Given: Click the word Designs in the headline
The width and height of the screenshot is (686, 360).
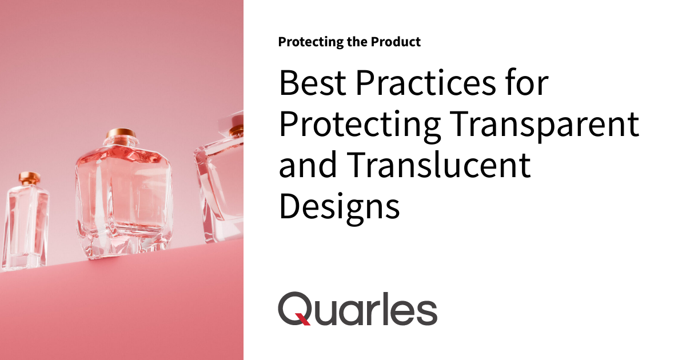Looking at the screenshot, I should click(x=339, y=207).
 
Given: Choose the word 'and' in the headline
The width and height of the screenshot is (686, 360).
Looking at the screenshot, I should click(x=309, y=166).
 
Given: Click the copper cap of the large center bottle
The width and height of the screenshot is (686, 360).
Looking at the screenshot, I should click(x=121, y=138).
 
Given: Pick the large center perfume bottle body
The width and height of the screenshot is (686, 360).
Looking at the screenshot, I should click(x=122, y=194).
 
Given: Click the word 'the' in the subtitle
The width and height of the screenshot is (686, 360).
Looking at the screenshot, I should click(x=361, y=42).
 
